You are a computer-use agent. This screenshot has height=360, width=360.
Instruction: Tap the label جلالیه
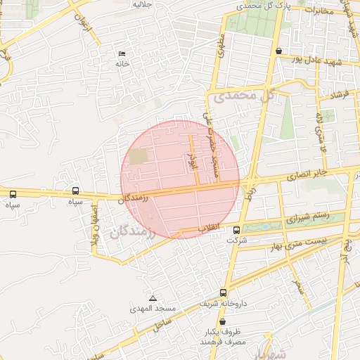(143, 4)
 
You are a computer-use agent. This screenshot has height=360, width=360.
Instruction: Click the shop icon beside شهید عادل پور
(279, 51)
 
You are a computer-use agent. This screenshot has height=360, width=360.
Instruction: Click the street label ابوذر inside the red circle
(190, 160)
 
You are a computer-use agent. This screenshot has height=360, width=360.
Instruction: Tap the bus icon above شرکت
(236, 230)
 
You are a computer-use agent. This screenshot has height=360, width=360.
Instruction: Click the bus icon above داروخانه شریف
(224, 292)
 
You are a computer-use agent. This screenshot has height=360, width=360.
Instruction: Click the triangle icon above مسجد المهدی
(153, 299)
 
